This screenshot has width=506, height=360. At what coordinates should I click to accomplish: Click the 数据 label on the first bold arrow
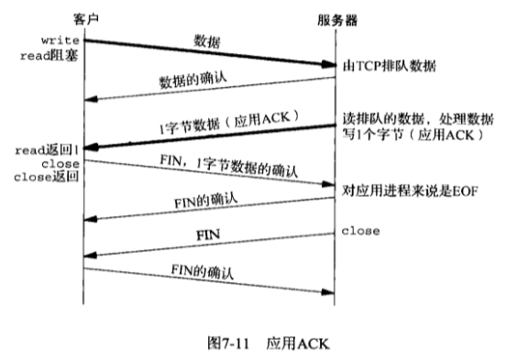[x=207, y=41]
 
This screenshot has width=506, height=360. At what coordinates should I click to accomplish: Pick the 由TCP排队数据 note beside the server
[x=389, y=66]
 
